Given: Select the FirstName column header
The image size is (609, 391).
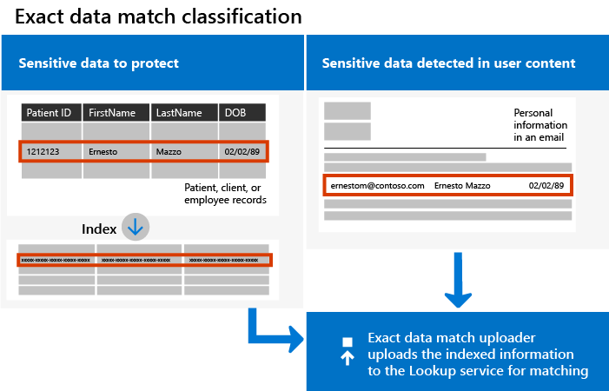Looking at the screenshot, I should [116, 113].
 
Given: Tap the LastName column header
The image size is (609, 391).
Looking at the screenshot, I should [182, 113].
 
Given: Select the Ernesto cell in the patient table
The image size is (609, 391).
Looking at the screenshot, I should [116, 151].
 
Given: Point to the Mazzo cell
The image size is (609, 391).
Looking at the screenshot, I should [182, 151].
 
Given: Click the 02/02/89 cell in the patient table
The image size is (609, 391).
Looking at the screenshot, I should [242, 151].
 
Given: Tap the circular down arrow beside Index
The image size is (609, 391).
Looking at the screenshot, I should [136, 228].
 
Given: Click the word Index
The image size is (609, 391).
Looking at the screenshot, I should [98, 229].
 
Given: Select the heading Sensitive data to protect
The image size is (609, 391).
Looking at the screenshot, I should [99, 63].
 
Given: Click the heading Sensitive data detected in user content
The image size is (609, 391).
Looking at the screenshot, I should [448, 63].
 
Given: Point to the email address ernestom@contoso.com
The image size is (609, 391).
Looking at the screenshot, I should [377, 186].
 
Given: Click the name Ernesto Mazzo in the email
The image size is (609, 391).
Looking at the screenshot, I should [462, 186].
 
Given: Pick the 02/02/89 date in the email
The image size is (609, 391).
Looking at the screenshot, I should [546, 186].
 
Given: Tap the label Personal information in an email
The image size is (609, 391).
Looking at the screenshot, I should [539, 125].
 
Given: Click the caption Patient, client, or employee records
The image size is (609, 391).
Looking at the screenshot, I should [224, 194].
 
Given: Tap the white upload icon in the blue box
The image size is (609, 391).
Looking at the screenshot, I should [348, 349].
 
